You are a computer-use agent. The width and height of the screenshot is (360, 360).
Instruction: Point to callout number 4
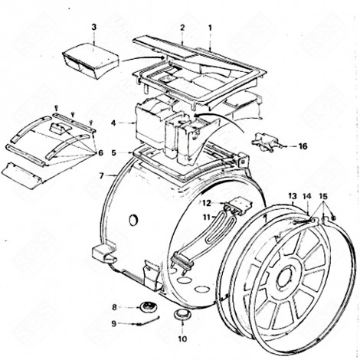click(113, 123)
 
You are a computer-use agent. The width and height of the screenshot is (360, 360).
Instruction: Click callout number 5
click(113, 152)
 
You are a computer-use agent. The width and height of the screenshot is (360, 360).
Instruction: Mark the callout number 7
click(102, 175)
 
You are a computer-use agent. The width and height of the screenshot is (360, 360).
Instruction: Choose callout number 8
click(115, 307)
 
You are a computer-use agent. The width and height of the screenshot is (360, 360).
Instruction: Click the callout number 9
click(115, 323)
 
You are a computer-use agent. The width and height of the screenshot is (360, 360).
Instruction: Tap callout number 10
click(182, 338)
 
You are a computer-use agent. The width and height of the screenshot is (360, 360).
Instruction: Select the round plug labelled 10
click(182, 316)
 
